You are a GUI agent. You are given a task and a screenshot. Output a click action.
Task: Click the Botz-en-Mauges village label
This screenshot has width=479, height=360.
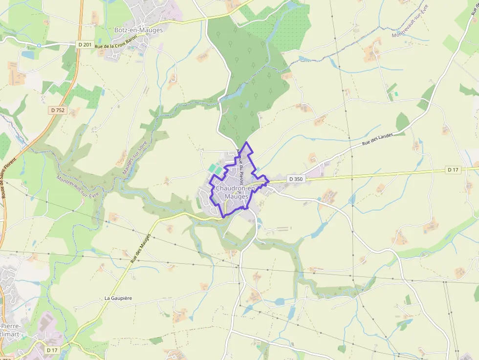coord(138,30)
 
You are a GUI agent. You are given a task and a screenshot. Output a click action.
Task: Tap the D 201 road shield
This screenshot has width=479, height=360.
coord(85,45)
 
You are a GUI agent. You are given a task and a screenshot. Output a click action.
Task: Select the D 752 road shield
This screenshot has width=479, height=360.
coord(57,110)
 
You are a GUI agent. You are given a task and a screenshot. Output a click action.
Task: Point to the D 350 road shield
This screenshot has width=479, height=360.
coord(296,179)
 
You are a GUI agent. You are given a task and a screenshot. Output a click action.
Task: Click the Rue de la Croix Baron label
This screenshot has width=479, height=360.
coord(117,47)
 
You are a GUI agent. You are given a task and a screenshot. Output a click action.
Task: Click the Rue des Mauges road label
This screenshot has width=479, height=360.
coord(141,248)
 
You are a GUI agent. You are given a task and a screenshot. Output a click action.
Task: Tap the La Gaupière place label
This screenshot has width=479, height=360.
coord(118,298)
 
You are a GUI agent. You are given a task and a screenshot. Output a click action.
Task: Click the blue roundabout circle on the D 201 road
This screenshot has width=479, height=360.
coord(39,45)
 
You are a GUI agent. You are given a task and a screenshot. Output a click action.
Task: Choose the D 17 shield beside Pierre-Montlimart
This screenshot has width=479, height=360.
coord(52,350)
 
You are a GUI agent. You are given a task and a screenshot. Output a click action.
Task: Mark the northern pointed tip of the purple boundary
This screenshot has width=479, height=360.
coord(246,142)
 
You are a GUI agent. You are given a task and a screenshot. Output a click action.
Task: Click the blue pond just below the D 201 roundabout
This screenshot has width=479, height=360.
coord(28,55)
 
